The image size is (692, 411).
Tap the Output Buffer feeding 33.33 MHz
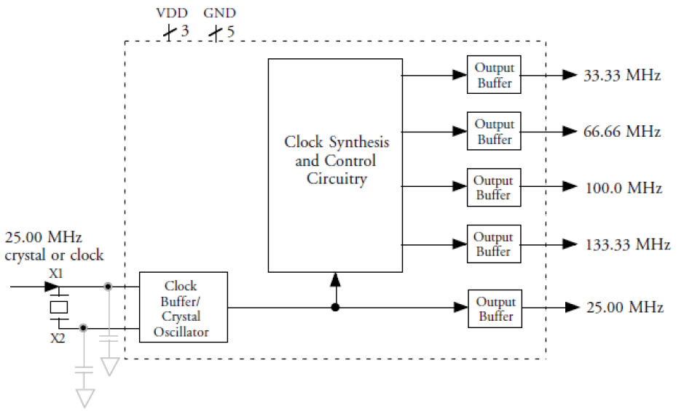[495, 75]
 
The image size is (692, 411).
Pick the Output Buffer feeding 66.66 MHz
[495, 132]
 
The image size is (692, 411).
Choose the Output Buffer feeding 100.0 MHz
[495, 188]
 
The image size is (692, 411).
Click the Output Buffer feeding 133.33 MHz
[495, 244]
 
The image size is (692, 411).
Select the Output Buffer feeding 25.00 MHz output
[495, 308]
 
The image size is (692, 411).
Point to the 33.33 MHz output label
[622, 76]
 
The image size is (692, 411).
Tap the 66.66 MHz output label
[622, 132]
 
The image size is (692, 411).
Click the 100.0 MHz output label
[624, 188]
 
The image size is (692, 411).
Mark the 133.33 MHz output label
[627, 244]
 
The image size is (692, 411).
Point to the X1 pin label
[56, 274]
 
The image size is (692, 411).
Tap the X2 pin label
[58, 338]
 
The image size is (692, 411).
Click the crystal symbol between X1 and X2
[59, 306]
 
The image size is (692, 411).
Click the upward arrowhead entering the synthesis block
[335, 279]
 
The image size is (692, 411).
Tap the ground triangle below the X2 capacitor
[85, 397]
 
